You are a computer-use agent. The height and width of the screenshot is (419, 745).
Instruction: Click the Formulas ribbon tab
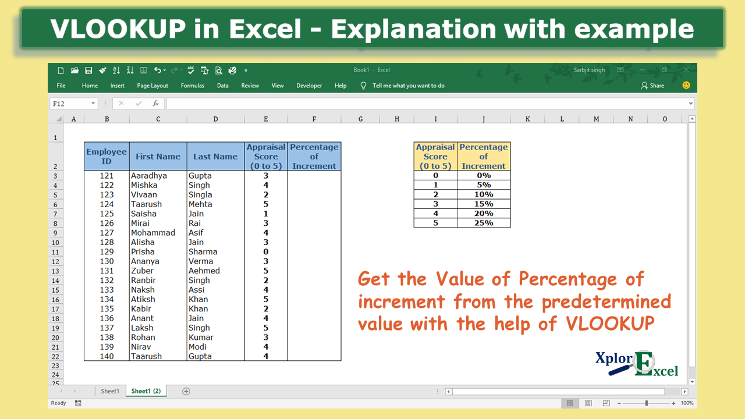[x=192, y=86]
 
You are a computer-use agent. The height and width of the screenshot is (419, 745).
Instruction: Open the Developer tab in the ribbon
[x=309, y=86]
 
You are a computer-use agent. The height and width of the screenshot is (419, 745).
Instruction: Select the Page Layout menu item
[x=152, y=86]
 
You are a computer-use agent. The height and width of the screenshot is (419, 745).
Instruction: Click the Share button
[x=652, y=86]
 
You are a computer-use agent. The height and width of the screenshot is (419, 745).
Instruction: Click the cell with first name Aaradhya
[x=149, y=176]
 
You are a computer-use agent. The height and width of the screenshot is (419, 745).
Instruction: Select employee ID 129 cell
[x=107, y=252]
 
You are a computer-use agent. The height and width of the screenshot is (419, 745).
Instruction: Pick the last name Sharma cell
[x=203, y=252]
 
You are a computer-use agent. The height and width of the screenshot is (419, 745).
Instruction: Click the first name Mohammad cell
[x=153, y=233]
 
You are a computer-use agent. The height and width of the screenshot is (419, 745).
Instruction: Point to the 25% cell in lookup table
[x=484, y=223]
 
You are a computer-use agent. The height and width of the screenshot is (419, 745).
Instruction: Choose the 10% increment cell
[x=484, y=194]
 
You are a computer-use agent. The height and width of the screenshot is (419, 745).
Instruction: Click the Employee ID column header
[x=107, y=156]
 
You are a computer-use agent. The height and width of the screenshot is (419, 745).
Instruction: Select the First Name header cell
[x=158, y=157]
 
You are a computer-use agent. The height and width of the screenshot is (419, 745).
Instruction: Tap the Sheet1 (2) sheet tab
[x=146, y=391]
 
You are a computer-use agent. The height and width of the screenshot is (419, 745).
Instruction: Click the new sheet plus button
[x=186, y=391]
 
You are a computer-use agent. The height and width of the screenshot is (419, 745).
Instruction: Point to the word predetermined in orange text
[x=606, y=302]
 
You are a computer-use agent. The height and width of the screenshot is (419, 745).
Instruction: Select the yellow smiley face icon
[x=686, y=85]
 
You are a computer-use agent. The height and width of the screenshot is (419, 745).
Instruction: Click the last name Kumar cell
[x=201, y=338]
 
